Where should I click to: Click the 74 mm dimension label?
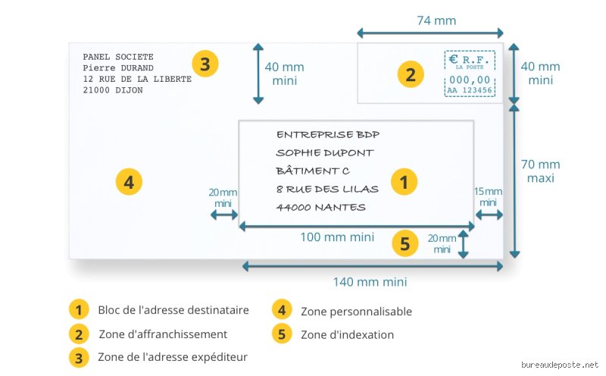436,20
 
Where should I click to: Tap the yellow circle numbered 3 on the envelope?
205,64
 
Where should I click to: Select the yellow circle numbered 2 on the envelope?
411,74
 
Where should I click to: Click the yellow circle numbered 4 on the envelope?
129,182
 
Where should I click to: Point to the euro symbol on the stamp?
453,59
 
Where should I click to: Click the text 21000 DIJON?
113,90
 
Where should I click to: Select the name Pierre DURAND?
118,68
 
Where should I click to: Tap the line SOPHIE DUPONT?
325,153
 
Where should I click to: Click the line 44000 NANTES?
320,208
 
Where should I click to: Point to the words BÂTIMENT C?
313,171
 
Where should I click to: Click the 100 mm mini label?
337,237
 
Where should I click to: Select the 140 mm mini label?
370,281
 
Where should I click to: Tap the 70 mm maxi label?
540,171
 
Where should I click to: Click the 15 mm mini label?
488,197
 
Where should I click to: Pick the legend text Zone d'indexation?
348,334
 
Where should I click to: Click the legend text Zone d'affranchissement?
163,334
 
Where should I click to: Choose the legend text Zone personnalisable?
356,312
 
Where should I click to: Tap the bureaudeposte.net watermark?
559,365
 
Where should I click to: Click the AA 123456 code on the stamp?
470,90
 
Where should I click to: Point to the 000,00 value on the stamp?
470,80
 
